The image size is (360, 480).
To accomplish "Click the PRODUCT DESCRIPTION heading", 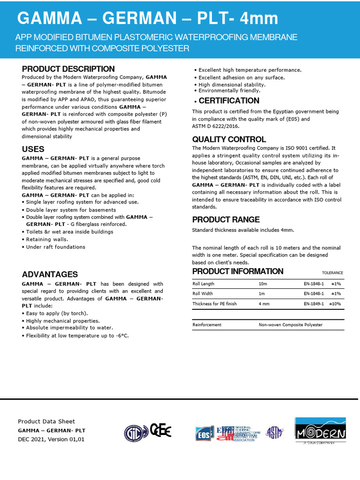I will point(68,69).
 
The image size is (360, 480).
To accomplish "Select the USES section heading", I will point(33,149).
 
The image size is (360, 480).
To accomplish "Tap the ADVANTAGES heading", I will point(50,274).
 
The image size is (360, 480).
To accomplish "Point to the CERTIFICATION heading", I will point(229,101).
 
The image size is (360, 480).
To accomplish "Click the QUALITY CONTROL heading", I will point(229,139).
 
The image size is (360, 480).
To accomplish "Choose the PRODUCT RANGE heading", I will point(225,220).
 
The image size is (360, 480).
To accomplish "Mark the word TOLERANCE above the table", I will point(332,273).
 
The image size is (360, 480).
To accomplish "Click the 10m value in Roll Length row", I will point(263,284).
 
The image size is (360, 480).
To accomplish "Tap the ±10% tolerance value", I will point(335,304).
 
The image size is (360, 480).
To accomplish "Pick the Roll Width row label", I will point(203,294).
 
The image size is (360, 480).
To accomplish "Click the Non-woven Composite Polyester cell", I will point(290,324).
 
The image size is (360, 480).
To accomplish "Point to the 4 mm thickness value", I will point(264,304).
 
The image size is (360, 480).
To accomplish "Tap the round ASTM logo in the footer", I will point(274,432).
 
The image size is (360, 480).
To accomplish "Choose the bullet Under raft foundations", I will point(55,247).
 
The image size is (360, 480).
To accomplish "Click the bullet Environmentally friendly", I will point(229,90).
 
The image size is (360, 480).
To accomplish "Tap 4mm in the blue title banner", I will point(259,19).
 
